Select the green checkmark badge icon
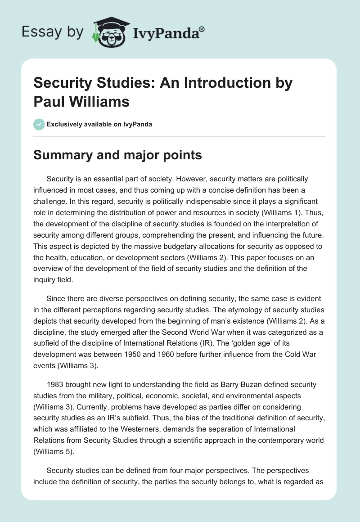39,124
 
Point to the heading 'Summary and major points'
118,155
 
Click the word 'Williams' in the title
97,101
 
